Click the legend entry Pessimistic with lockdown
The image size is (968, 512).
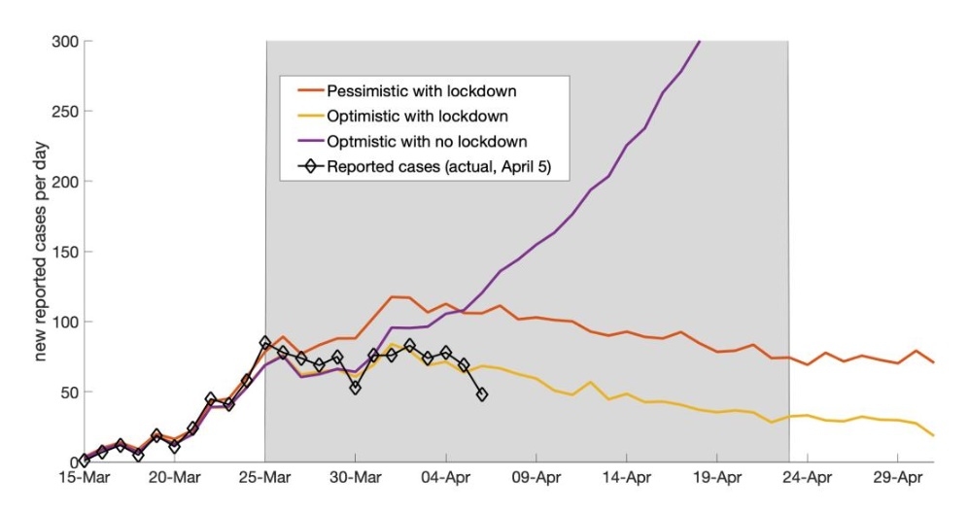[x=421, y=92]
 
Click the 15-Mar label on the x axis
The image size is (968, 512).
[x=85, y=478]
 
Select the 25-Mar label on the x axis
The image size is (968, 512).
[x=265, y=478]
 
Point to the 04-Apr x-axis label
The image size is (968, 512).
[x=446, y=478]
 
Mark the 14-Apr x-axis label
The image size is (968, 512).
[x=627, y=478]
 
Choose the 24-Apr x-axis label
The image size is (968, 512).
[x=808, y=478]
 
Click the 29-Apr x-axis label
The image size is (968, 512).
[x=898, y=478]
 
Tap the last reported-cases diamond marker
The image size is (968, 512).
[x=482, y=394]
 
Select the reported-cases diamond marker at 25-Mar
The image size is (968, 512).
[x=265, y=343]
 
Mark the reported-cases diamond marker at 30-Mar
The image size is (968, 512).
[x=356, y=388]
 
